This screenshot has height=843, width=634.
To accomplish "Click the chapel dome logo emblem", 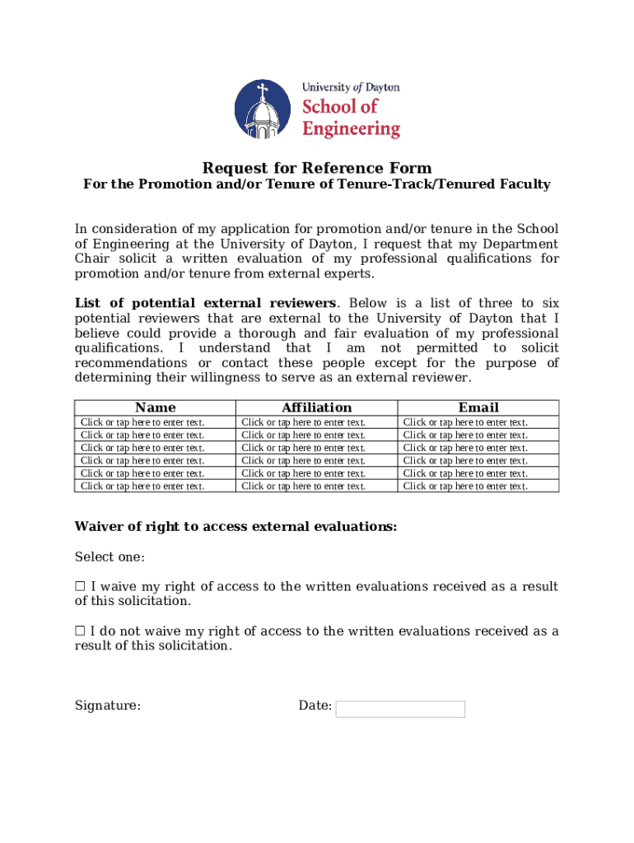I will point(263,109).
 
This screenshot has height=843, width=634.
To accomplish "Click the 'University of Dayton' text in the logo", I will point(351,87).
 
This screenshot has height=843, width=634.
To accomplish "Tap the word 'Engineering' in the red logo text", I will point(351,128).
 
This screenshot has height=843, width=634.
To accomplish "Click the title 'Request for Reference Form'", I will point(317,168).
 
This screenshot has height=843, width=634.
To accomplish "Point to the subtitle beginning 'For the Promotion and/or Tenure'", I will point(317,184).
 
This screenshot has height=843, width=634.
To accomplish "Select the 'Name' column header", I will point(155,408).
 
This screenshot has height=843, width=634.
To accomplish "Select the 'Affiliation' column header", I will point(316,408).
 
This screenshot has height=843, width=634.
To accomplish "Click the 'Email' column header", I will point(478,408).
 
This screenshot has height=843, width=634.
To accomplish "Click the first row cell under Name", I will point(142,422).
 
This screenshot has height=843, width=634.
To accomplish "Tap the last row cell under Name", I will point(142,486).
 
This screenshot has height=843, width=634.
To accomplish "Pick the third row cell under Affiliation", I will point(303,448).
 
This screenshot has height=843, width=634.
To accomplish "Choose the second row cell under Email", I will point(465,435).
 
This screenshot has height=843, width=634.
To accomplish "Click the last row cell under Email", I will point(465,486).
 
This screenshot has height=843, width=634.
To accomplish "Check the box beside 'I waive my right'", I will point(80,587).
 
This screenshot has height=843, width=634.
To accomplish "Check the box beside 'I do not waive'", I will point(80,631).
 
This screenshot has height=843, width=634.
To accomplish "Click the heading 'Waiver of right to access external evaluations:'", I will point(235,527).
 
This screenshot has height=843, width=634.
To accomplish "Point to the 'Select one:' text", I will point(110,557).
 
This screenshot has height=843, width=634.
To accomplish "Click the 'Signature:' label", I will point(107,706).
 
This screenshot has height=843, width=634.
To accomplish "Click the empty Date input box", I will point(400,709).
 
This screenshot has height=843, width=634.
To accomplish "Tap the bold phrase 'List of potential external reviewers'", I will point(205,304).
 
